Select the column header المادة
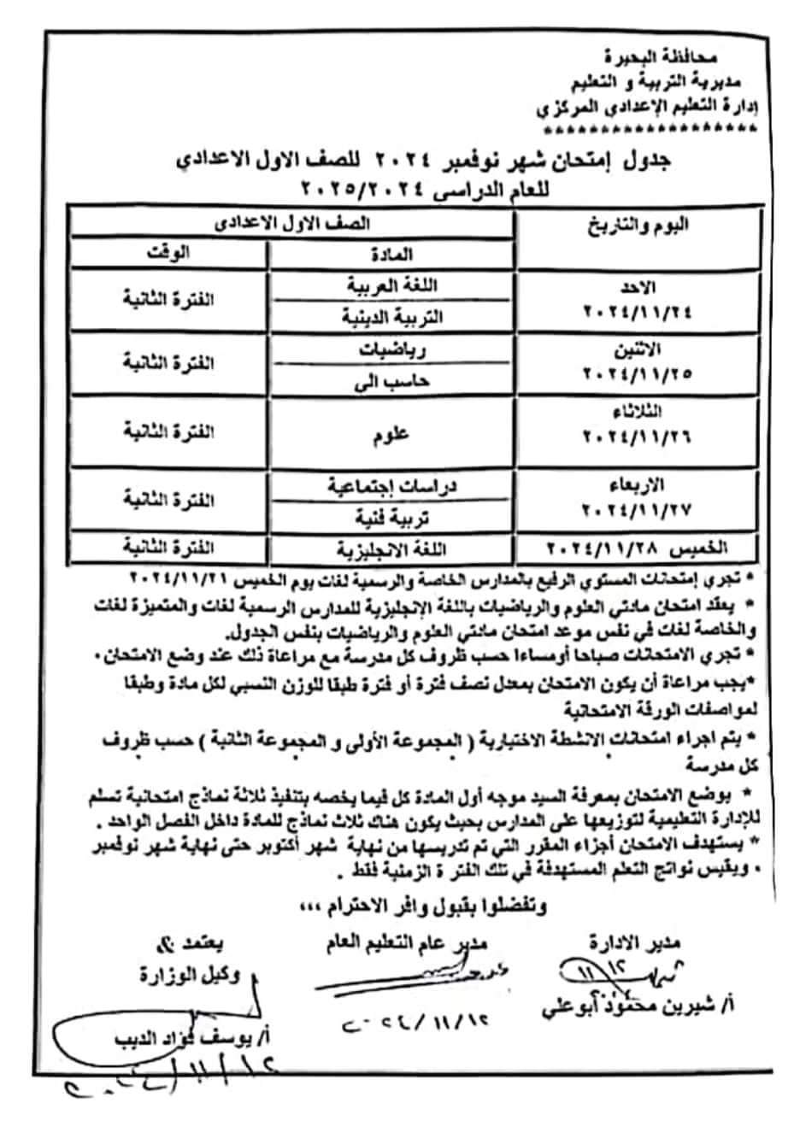[392, 254]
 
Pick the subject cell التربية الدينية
[392, 315]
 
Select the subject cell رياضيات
[392, 349]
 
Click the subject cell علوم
[392, 432]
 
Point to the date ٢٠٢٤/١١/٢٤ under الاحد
[637, 312]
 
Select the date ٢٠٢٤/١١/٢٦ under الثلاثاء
[637, 435]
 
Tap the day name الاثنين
[659, 349]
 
